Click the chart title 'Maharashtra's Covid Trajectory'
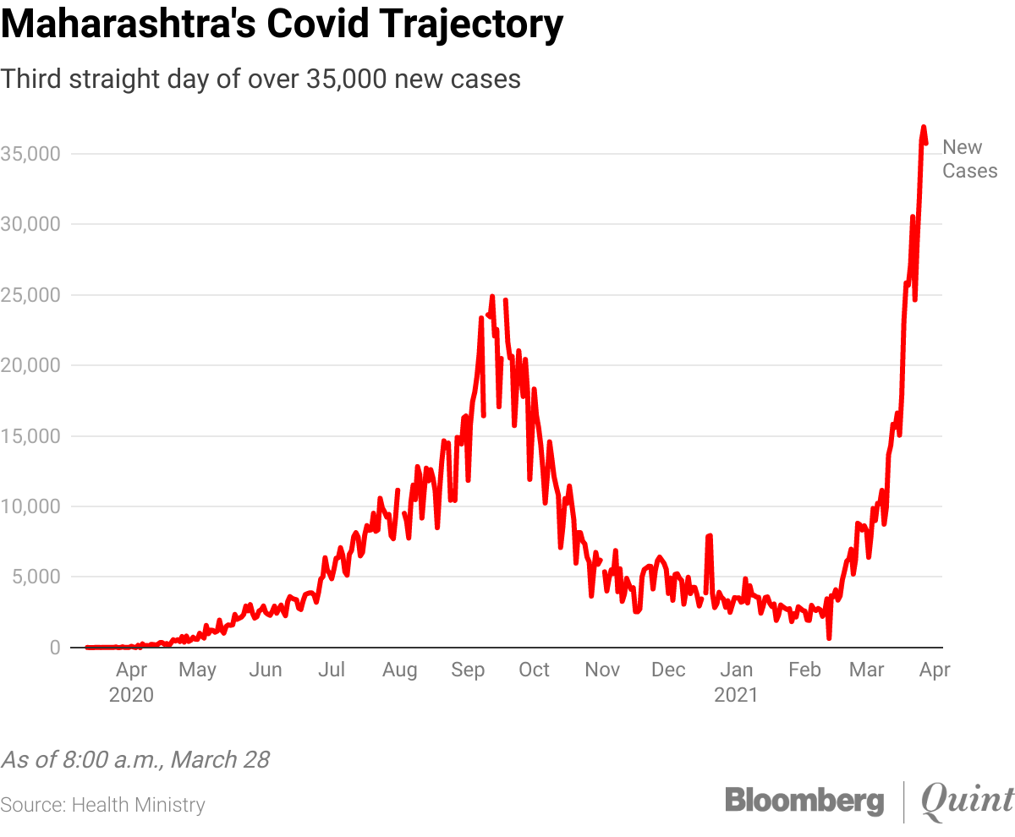pyautogui.click(x=282, y=26)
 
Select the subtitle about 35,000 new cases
pyautogui.click(x=261, y=79)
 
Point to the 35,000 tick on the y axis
pyautogui.click(x=32, y=154)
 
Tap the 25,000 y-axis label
pyautogui.click(x=32, y=295)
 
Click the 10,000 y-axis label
pyautogui.click(x=32, y=506)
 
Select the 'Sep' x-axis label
pyautogui.click(x=468, y=670)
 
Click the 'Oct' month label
pyautogui.click(x=534, y=670)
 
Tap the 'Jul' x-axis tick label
pyautogui.click(x=331, y=670)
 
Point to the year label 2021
pyautogui.click(x=736, y=696)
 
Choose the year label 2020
pyautogui.click(x=131, y=696)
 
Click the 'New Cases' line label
pyautogui.click(x=969, y=159)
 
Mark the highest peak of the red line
pyautogui.click(x=924, y=127)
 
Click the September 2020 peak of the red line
pyautogui.click(x=491, y=297)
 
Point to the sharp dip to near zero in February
pyautogui.click(x=829, y=637)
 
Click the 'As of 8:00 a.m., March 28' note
pyautogui.click(x=135, y=759)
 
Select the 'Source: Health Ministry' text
pyautogui.click(x=102, y=805)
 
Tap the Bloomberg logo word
pyautogui.click(x=804, y=801)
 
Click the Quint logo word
pyautogui.click(x=967, y=801)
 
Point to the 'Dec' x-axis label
pyautogui.click(x=668, y=670)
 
